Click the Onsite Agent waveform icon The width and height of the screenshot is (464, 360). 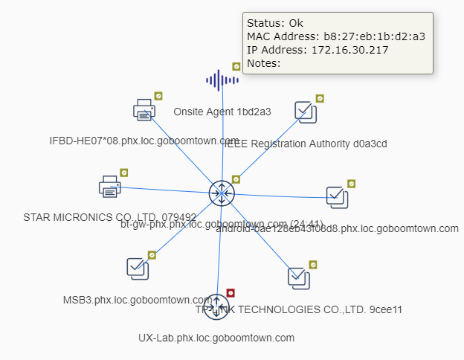(x=221, y=80)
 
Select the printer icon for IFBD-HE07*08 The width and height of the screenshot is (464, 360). (x=144, y=110)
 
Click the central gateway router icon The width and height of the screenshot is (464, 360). (x=221, y=193)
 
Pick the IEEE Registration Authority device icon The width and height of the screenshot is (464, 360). (x=306, y=112)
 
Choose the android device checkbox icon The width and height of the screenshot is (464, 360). (x=338, y=196)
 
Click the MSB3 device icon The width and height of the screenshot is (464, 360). (x=138, y=269)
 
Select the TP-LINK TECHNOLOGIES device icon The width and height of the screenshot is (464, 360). (x=299, y=277)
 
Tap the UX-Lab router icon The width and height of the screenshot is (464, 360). (x=216, y=306)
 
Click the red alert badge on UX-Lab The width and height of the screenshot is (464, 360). (x=231, y=292)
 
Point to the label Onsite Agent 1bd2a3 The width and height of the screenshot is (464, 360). (x=222, y=112)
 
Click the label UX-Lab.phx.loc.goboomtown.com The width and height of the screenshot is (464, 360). (x=216, y=338)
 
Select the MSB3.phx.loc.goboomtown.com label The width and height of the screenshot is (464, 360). (x=138, y=300)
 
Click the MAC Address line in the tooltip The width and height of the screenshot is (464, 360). (x=335, y=36)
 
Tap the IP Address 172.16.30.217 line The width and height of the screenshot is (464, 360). (x=318, y=50)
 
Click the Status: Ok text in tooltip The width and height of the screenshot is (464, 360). (x=275, y=23)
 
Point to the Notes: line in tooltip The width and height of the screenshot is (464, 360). (x=264, y=63)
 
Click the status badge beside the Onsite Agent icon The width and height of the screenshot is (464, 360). (x=236, y=66)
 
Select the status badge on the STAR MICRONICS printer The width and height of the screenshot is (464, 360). (x=124, y=173)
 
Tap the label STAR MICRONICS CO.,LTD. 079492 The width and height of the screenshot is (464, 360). (x=110, y=217)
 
